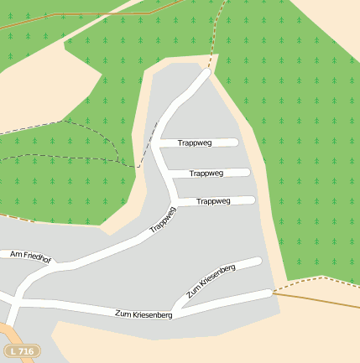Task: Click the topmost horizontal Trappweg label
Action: pos(195,143)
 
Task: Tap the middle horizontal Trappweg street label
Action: pos(206,173)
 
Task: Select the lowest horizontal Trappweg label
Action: pos(213,201)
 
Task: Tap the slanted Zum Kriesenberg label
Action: pos(211,280)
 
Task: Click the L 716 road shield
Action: pos(22,350)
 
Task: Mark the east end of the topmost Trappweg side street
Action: pos(236,143)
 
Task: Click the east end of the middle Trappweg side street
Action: pos(248,173)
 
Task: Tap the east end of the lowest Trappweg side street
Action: pos(252,200)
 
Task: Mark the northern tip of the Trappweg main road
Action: pos(206,73)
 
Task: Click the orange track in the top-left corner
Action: pos(50,18)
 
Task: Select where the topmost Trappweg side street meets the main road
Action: pos(157,144)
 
